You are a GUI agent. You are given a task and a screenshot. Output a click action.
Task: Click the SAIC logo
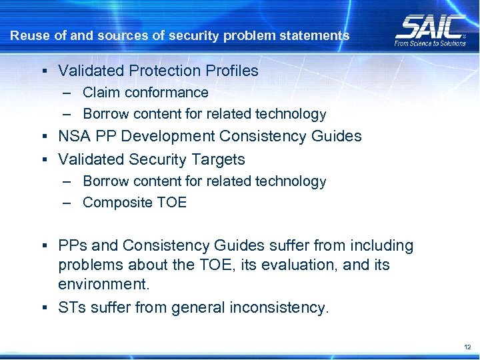click(x=431, y=26)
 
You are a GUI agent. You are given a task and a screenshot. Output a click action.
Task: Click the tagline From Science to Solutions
click(x=431, y=43)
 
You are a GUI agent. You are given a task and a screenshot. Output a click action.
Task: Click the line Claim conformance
click(x=145, y=93)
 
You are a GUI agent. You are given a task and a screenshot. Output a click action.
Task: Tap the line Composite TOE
click(x=135, y=203)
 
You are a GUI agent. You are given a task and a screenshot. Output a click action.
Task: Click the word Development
click(x=177, y=137)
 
